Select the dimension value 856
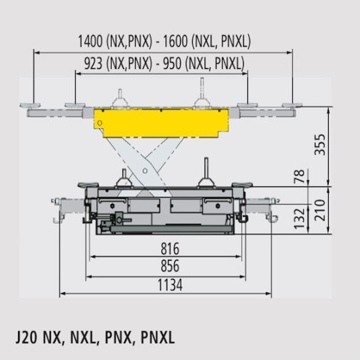[170, 266]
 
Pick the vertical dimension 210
[339, 211]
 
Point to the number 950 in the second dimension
[184, 64]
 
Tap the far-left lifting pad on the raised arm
[30, 104]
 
